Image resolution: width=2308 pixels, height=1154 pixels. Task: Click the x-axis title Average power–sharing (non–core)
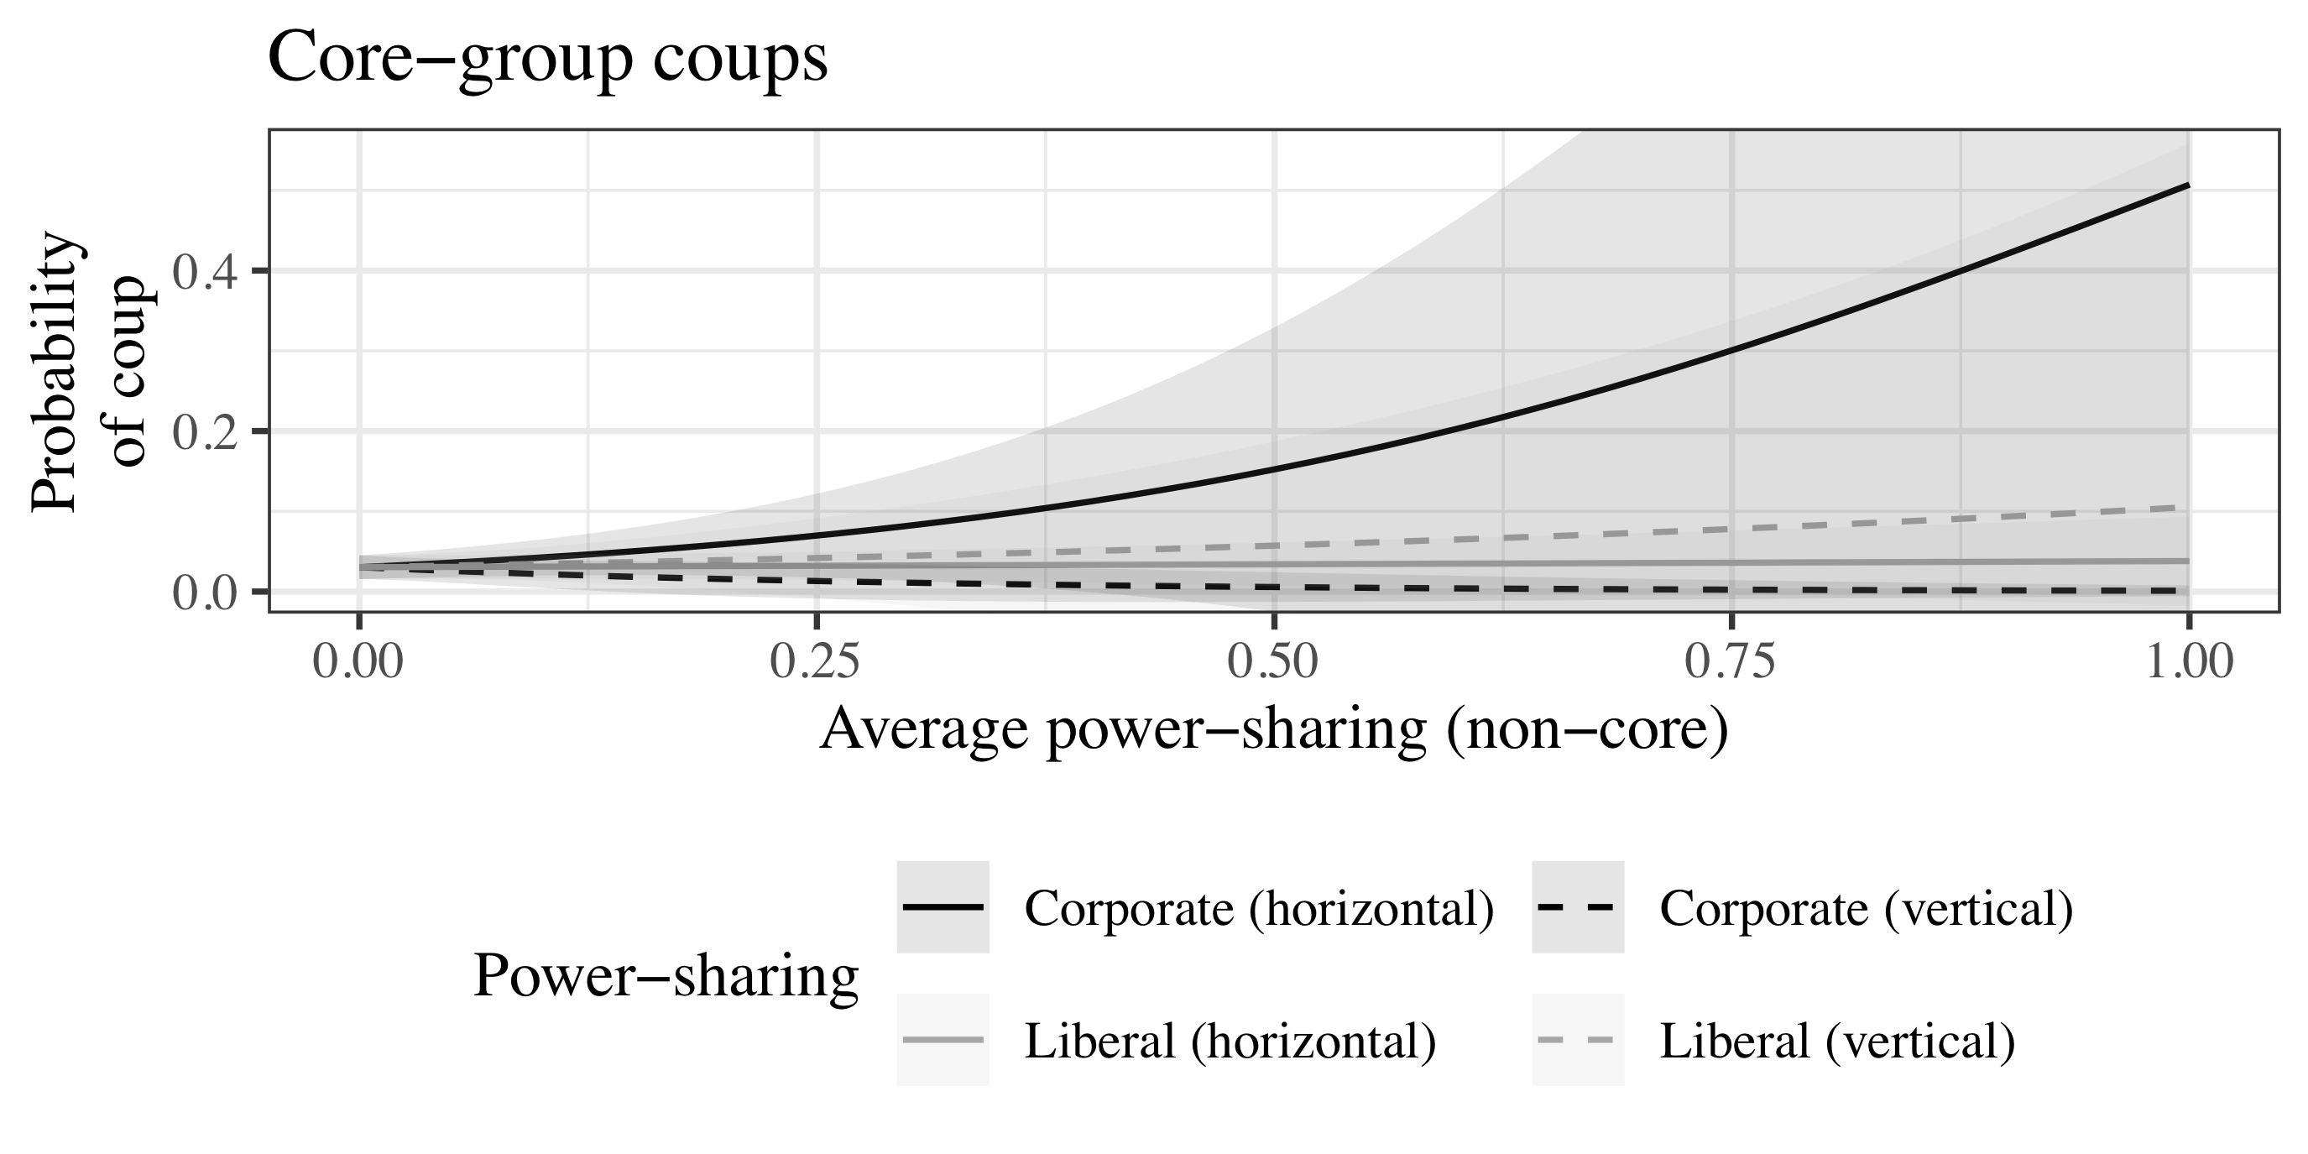pos(1273,729)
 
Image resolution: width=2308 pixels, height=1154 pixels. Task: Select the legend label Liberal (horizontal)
pos(1230,1041)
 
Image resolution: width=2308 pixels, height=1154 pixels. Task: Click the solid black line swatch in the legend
pos(943,907)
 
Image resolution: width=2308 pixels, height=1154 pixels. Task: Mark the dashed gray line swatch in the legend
pos(1577,1040)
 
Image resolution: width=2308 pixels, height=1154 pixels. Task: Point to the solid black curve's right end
pos(2188,185)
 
